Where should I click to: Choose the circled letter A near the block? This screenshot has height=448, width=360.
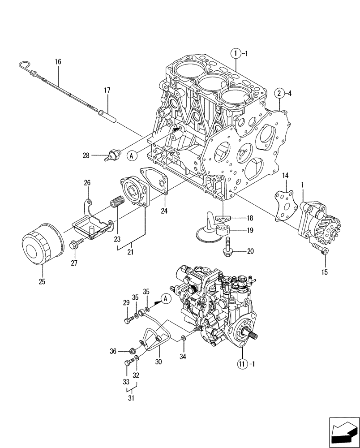pyautogui.click(x=132, y=155)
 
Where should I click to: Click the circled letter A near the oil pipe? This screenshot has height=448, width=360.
pyautogui.click(x=166, y=299)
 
